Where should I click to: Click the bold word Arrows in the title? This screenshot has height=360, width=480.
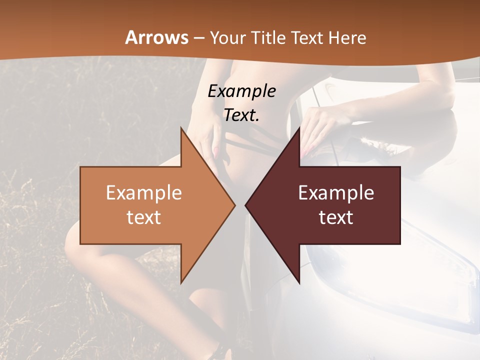coord(157,37)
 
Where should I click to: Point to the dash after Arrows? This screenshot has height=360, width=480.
coord(198,38)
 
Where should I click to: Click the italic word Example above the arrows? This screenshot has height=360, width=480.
coord(241,91)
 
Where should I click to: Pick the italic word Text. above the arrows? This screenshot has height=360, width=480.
coord(241,115)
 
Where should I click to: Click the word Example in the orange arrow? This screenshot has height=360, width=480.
coord(144,192)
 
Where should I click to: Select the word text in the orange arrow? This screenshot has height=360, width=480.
coord(144,217)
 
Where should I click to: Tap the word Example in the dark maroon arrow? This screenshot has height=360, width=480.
coord(336,192)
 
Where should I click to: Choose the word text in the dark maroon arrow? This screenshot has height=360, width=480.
coord(336,217)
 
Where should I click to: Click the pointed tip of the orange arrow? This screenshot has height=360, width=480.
coord(235,205)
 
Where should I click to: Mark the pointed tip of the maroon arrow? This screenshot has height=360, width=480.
coord(245,205)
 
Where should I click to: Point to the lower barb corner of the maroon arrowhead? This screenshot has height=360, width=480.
coord(299,283)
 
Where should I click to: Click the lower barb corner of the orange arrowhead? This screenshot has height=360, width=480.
coord(181,283)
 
